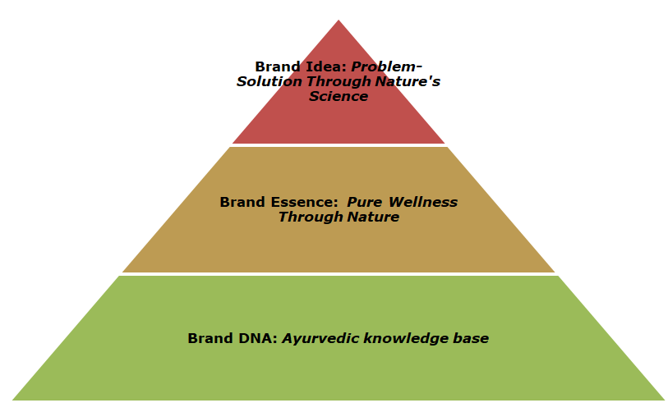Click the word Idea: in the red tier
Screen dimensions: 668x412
tap(325, 66)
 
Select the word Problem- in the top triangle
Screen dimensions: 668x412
tap(386, 66)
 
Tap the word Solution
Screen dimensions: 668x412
tap(270, 81)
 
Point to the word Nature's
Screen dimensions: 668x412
tap(408, 81)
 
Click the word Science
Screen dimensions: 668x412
tap(339, 96)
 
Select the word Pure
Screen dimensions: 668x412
tap(364, 202)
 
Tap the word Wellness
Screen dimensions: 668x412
tap(423, 202)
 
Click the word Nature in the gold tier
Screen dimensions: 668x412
tap(373, 217)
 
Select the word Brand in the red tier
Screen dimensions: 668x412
tap(278, 66)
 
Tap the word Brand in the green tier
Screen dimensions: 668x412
tap(211, 338)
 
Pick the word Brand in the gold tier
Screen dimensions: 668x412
tap(242, 202)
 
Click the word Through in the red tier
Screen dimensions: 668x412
tap(339, 81)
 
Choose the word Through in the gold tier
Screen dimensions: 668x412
tap(311, 217)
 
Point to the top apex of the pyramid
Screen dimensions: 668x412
tap(339, 20)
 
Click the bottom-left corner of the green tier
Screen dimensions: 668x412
tap(12, 400)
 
